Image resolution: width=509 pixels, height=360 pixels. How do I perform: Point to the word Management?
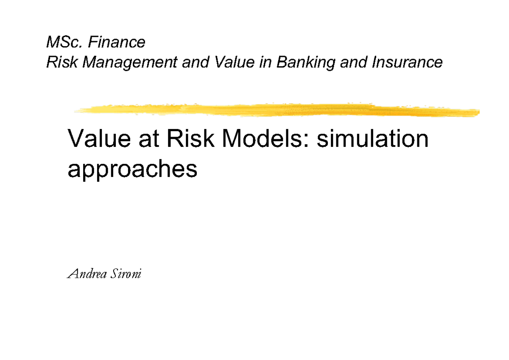click(x=130, y=63)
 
